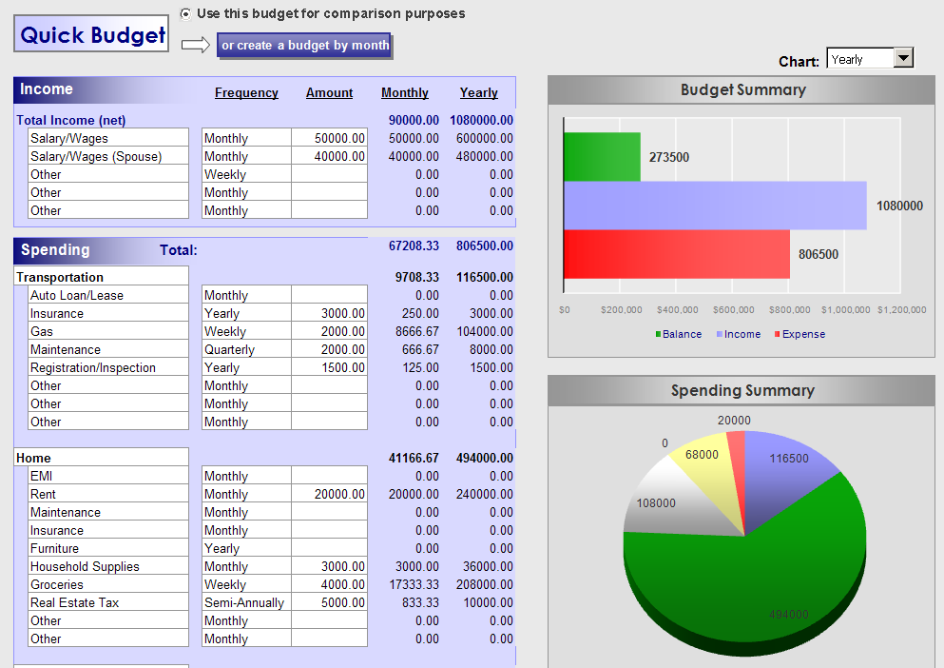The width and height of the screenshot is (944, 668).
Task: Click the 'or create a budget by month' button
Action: pyautogui.click(x=305, y=45)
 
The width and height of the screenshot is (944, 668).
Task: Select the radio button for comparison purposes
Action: pyautogui.click(x=185, y=13)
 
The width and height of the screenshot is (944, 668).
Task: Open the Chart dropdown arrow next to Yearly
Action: pyautogui.click(x=903, y=59)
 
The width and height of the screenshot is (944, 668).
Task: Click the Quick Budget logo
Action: pyautogui.click(x=92, y=35)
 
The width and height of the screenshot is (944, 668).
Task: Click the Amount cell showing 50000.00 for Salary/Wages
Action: pyautogui.click(x=329, y=138)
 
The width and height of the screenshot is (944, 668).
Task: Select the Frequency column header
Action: pyautogui.click(x=246, y=92)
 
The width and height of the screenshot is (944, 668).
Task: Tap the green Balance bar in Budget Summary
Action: pyautogui.click(x=602, y=156)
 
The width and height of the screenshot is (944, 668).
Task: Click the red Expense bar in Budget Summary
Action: pyautogui.click(x=676, y=254)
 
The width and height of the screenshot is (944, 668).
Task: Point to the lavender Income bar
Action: pyautogui.click(x=714, y=206)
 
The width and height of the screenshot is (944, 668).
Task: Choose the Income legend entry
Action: pyautogui.click(x=742, y=334)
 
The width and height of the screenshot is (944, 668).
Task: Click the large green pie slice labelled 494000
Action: pyautogui.click(x=761, y=571)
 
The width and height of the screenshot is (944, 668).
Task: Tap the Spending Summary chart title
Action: pyautogui.click(x=742, y=390)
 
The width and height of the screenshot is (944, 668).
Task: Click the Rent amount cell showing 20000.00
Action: pyautogui.click(x=329, y=494)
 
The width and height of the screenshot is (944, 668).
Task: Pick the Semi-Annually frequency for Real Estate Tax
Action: pyautogui.click(x=244, y=602)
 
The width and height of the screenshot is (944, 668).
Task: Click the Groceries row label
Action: pyautogui.click(x=57, y=584)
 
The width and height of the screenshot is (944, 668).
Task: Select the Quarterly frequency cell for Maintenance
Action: pyautogui.click(x=230, y=349)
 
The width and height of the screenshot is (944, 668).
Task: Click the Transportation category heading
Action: pyautogui.click(x=60, y=277)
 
